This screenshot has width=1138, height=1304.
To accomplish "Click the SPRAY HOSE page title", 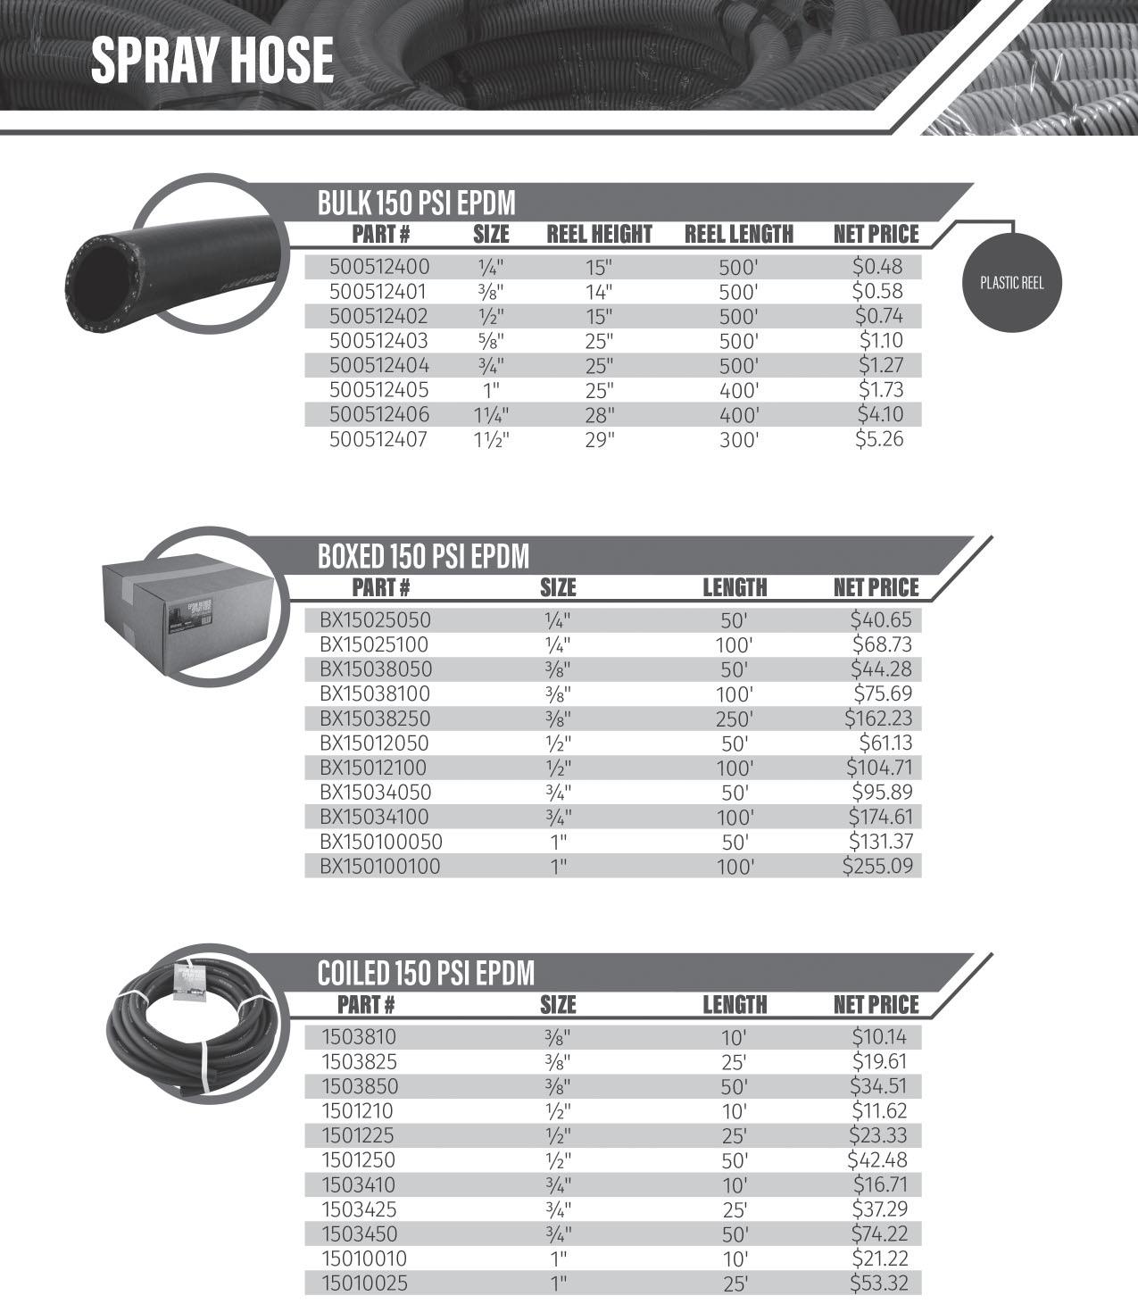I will [x=212, y=61].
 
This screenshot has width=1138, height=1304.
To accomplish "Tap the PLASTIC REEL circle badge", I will [x=1011, y=284].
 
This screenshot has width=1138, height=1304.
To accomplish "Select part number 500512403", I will [x=378, y=341].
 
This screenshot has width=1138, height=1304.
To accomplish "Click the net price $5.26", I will [x=879, y=439].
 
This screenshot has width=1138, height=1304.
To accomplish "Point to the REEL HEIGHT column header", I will [x=599, y=235].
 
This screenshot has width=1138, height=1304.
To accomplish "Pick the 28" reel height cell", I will [x=600, y=415].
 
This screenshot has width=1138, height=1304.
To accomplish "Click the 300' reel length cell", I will [x=738, y=440].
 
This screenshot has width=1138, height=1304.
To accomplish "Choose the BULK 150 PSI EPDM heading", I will [x=416, y=203].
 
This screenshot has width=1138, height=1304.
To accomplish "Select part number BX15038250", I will [x=375, y=718].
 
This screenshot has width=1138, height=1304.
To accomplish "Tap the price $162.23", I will [x=878, y=718].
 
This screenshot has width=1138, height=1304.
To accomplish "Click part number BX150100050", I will [x=381, y=842].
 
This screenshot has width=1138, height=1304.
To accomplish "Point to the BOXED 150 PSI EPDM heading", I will [x=423, y=556].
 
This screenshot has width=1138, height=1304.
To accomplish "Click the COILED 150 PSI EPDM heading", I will [x=426, y=973].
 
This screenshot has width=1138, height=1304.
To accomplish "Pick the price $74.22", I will [x=881, y=1233].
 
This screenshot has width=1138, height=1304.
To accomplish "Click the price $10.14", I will [x=881, y=1037].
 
